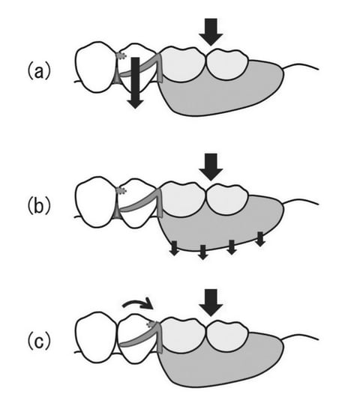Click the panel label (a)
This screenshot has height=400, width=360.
pos(39,72)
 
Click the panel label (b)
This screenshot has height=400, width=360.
pos(39,206)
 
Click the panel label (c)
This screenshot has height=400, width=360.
pos(39,342)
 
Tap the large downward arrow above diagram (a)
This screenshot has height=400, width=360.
pos(211,32)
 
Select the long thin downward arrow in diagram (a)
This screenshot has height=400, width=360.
pos(135,83)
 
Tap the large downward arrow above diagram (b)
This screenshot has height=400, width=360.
pos(211,167)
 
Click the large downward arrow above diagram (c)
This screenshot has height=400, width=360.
pos(211,303)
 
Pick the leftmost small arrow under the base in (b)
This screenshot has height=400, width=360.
pos(174,248)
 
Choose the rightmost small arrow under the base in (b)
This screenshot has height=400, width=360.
pos(260,239)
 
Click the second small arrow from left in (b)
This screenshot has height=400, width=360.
pos(202,252)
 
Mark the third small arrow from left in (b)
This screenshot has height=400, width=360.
pos(232,247)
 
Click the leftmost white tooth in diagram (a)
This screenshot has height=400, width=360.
pos(96,67)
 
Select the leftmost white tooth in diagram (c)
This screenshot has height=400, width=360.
pos(97,337)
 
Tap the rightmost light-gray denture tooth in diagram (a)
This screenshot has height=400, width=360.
pos(227,64)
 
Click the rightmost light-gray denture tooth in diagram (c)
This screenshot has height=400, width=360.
pos(227,335)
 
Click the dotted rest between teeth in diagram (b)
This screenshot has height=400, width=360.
pos(121,190)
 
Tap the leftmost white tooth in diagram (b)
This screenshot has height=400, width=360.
pos(96,202)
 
